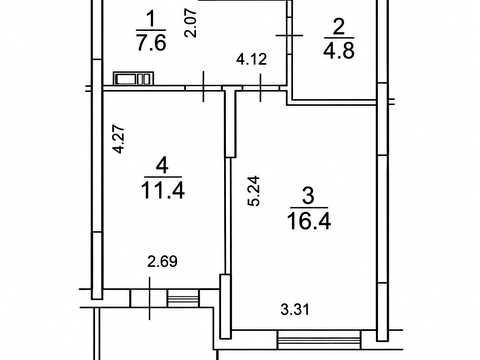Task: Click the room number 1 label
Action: (x=151, y=19)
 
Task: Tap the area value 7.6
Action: (x=151, y=43)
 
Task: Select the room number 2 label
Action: (x=338, y=27)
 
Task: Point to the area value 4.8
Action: (x=339, y=50)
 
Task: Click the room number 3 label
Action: (x=308, y=196)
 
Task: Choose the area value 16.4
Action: (x=309, y=221)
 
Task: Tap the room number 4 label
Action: (x=162, y=165)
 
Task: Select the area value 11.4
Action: (x=163, y=191)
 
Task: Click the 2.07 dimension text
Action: (x=191, y=23)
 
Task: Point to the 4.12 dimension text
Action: (x=252, y=59)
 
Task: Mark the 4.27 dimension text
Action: (x=119, y=139)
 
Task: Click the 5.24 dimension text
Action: (x=255, y=191)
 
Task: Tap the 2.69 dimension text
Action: (x=162, y=261)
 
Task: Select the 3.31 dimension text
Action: (x=295, y=310)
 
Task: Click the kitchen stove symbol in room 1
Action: (x=134, y=79)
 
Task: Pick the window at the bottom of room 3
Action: (x=319, y=339)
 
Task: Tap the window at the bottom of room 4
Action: (x=183, y=298)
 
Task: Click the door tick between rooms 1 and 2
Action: (x=289, y=35)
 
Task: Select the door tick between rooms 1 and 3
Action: (x=260, y=88)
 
